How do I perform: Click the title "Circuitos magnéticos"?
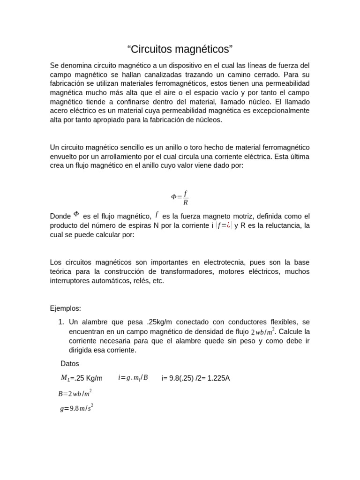coord(180,49)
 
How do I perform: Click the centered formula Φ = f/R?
coord(180,198)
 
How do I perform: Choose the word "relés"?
coord(142,281)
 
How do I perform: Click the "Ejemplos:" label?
coord(66,308)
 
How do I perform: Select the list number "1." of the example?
coord(61,322)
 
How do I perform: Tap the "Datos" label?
coord(70,363)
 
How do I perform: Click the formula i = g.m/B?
coord(133,377)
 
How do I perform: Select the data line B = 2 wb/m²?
coord(75,393)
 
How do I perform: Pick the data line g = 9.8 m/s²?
coord(76,408)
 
